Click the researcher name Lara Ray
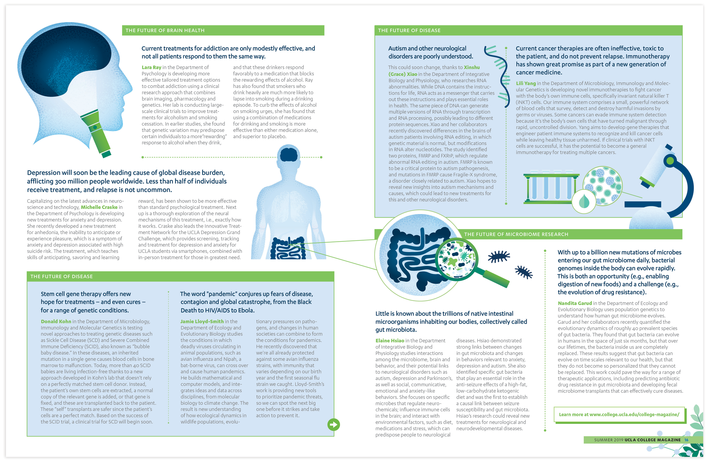(151, 67)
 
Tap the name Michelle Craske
(99, 207)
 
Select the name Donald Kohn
(56, 321)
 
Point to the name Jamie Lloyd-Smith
(202, 321)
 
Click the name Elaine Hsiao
(390, 340)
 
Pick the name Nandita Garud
(575, 303)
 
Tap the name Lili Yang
(526, 83)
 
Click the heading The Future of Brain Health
(165, 30)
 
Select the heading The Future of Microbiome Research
(516, 234)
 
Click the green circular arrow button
(333, 425)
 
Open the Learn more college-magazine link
(619, 414)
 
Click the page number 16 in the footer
(686, 440)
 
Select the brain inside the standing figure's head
(288, 154)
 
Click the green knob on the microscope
(670, 161)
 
